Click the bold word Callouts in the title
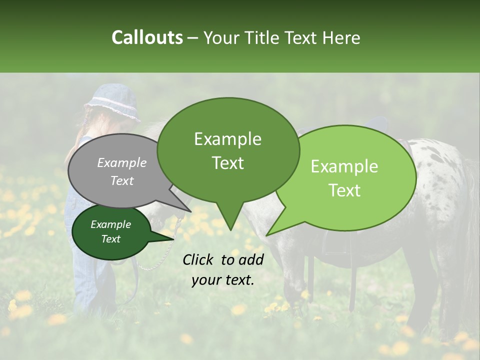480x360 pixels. coord(147,37)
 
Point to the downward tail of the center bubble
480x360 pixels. coord(230,217)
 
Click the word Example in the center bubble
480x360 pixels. coord(227,139)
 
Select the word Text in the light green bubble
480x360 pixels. coord(344,190)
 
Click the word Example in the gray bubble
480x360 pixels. coord(121,163)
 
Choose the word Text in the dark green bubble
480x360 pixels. coord(110,239)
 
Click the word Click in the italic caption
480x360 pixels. coord(199,259)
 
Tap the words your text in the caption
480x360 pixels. coord(222,280)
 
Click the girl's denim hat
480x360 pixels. coord(112,102)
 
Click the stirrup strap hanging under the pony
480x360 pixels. coord(352,280)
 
